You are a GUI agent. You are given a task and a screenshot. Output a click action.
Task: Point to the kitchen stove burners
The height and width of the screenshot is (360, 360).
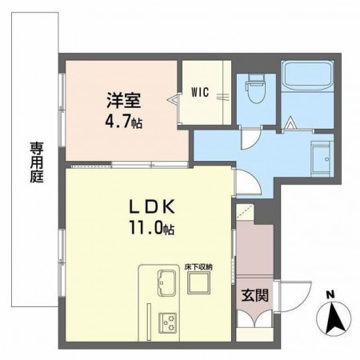point(168,322)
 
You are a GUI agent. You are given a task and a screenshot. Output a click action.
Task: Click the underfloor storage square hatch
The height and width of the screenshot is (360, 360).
point(197,284)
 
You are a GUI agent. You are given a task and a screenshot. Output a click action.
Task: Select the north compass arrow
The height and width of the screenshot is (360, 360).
point(337,320)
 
